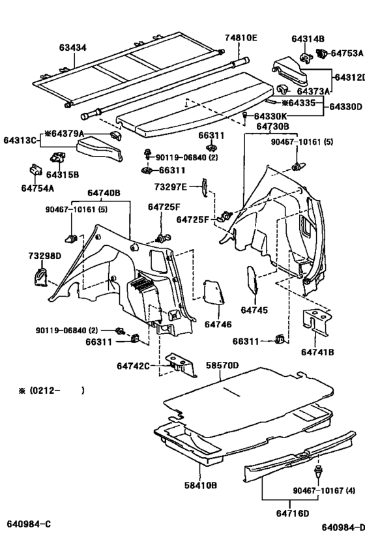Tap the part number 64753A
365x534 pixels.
tap(346, 53)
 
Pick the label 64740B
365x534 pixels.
tap(105, 193)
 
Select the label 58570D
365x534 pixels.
tap(222, 365)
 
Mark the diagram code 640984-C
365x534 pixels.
tap(29, 524)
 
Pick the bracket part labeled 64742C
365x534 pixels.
tap(179, 364)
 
